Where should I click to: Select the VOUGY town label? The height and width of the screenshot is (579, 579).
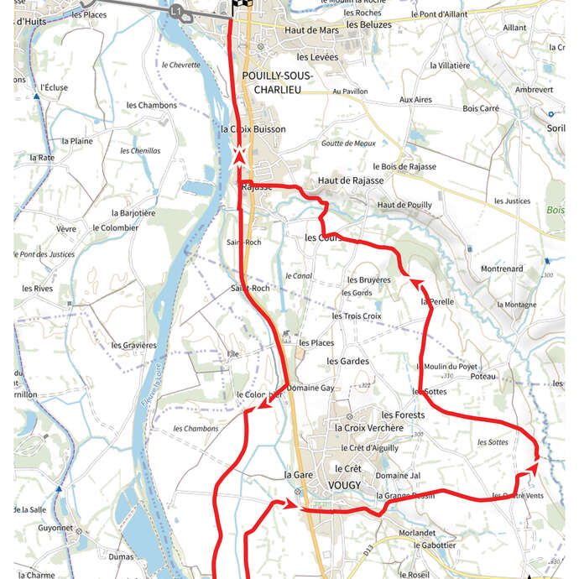click(348, 484)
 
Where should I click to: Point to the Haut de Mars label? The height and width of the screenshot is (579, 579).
click(312, 31)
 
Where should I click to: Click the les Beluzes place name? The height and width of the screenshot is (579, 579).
click(369, 24)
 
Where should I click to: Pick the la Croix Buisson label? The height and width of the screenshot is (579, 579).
click(253, 129)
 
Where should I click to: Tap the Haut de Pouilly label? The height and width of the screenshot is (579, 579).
click(404, 205)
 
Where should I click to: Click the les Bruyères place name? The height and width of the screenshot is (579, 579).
click(369, 279)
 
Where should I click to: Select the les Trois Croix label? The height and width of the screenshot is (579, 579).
click(357, 316)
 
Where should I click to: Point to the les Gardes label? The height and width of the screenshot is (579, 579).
click(347, 361)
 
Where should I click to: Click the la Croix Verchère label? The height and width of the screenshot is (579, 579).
click(368, 428)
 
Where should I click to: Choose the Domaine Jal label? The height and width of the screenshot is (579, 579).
click(398, 476)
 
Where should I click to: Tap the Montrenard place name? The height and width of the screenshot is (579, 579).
click(502, 269)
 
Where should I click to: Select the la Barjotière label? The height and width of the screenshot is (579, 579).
click(133, 213)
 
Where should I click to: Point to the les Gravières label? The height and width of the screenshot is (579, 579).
click(133, 345)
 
